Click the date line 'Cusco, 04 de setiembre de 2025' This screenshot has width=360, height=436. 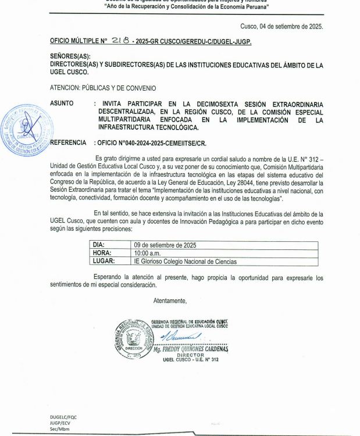point(281,26)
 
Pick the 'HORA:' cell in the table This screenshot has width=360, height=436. point(103,253)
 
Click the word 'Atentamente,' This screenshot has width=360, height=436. point(170,301)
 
